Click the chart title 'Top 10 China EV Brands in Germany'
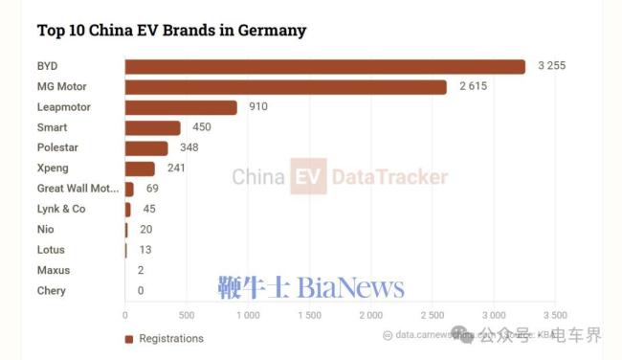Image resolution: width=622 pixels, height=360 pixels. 171,31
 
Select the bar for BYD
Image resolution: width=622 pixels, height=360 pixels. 324,67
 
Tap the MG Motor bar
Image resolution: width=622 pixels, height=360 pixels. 285,87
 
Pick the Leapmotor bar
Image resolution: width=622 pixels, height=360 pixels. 181,107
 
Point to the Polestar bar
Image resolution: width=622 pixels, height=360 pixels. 146,148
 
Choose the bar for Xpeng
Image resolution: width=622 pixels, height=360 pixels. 140,169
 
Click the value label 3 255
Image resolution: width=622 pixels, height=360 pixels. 553,66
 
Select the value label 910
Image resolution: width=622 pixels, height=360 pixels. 258,107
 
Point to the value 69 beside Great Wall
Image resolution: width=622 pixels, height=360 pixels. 152,189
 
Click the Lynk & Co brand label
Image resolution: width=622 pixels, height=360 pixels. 61,210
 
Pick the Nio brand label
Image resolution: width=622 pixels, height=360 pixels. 46,230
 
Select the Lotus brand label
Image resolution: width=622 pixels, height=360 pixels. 51,250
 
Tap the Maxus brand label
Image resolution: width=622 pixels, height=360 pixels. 53,270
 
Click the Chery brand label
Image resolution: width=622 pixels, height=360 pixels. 52,290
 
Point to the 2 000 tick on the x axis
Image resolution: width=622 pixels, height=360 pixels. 370,315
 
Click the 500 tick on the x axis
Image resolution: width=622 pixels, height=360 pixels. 186,315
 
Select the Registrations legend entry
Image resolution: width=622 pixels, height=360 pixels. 164,338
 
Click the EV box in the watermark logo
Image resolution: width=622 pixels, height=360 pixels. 308,177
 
